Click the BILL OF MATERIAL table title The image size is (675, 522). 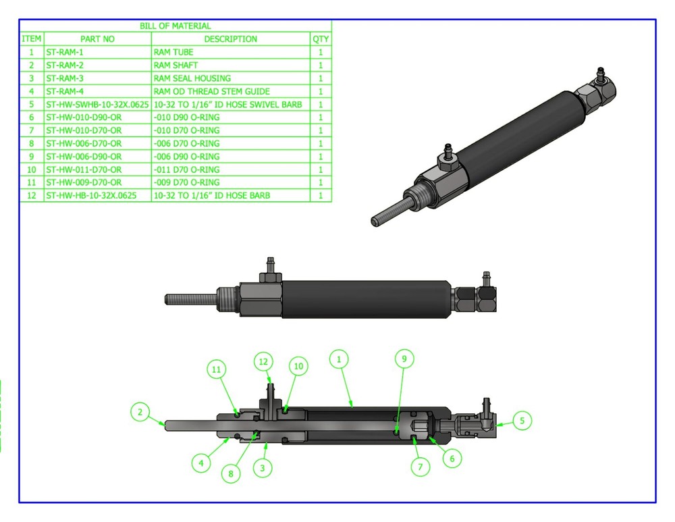pos(175,26)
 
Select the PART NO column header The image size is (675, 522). pos(97,39)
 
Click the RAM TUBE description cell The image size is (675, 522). pos(173,52)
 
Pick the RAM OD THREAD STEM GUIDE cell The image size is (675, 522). pos(211,91)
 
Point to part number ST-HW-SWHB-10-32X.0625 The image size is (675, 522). pos(97,105)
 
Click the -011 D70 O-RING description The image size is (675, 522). pos(186,169)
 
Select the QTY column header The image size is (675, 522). pos(321,39)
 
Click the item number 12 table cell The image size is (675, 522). pos(31,196)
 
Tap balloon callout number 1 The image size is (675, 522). pos(339,359)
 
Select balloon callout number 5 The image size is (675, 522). pos(522,421)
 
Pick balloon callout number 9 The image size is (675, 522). pos(404,359)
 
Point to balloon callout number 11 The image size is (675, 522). pos(216,369)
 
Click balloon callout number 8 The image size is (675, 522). pos(231,473)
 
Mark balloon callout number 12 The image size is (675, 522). pos(265,363)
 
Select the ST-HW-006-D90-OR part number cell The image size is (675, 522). pos(84,157)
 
